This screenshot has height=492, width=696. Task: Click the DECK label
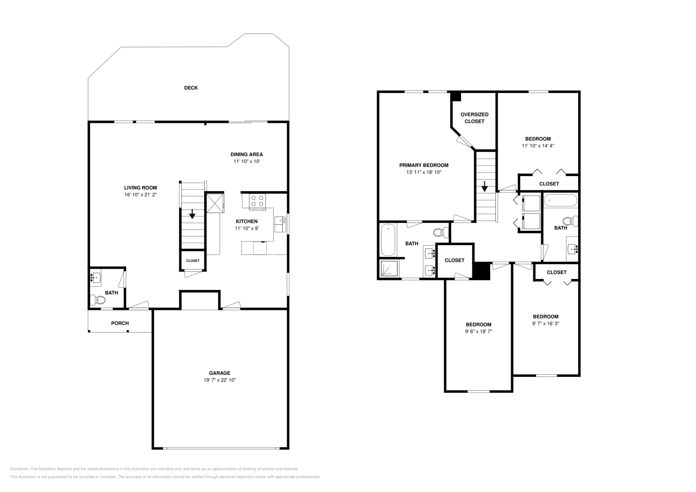pos(191,88)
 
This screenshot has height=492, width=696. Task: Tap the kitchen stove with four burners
pos(257,201)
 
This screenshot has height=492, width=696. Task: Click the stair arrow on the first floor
pos(192,214)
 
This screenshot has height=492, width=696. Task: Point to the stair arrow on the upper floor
pos(485,188)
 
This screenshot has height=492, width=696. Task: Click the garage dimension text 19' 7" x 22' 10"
pos(220,380)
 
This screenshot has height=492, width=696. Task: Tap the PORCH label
pos(120,323)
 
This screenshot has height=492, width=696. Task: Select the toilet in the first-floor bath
pos(97,299)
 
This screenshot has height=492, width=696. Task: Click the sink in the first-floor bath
pos(96,276)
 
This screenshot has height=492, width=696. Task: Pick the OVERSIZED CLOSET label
pos(474,118)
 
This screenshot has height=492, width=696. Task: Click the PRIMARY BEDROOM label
pos(424,165)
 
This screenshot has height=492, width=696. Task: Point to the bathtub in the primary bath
pos(388,240)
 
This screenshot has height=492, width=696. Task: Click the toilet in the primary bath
pos(442,233)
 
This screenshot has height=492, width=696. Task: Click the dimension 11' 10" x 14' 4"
pos(538,146)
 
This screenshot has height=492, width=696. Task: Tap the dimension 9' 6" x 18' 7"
pos(478,331)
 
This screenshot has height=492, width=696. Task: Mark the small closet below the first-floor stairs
pos(193,261)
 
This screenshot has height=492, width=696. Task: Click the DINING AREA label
pos(246,154)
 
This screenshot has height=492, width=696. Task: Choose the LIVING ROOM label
pos(140,188)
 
